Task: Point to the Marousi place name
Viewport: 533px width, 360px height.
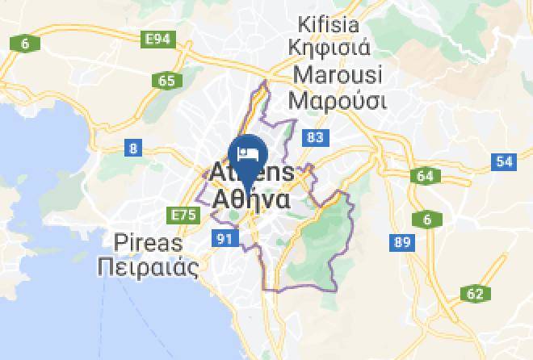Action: pyautogui.click(x=335, y=74)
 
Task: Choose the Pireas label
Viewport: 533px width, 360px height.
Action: pyautogui.click(x=148, y=242)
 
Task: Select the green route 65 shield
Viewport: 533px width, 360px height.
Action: pyautogui.click(x=166, y=80)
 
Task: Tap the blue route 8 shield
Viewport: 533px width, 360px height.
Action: pyautogui.click(x=132, y=148)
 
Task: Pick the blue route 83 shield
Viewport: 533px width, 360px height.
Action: pyautogui.click(x=315, y=138)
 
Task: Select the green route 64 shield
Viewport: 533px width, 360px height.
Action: pyautogui.click(x=425, y=176)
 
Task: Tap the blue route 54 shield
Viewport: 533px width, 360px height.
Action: pyautogui.click(x=504, y=161)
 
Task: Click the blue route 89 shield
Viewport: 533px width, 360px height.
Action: pyautogui.click(x=401, y=241)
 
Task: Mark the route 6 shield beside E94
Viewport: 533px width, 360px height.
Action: pyautogui.click(x=25, y=44)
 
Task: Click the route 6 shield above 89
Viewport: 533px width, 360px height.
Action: pyautogui.click(x=426, y=219)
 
